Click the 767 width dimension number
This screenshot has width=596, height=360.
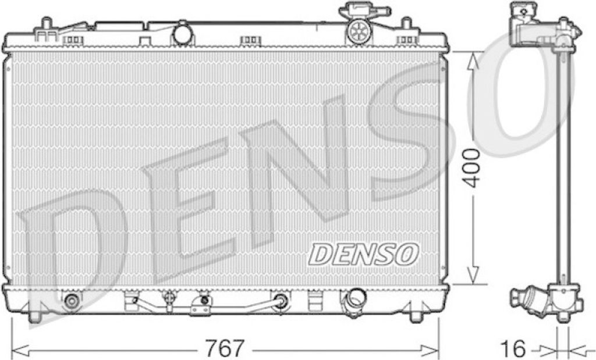point(223,347)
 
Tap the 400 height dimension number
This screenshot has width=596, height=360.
point(473,168)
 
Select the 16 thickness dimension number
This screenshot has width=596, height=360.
point(513,348)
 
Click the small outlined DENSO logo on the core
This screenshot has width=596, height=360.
point(363,254)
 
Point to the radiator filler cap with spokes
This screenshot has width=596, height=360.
point(358,30)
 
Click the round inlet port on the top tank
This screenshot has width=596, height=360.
point(182,33)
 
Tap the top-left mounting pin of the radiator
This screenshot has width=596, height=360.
point(46,23)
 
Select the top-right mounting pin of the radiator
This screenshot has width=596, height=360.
point(407,23)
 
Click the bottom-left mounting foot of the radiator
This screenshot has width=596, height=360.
point(34,316)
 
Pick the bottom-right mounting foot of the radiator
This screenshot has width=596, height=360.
point(417,316)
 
